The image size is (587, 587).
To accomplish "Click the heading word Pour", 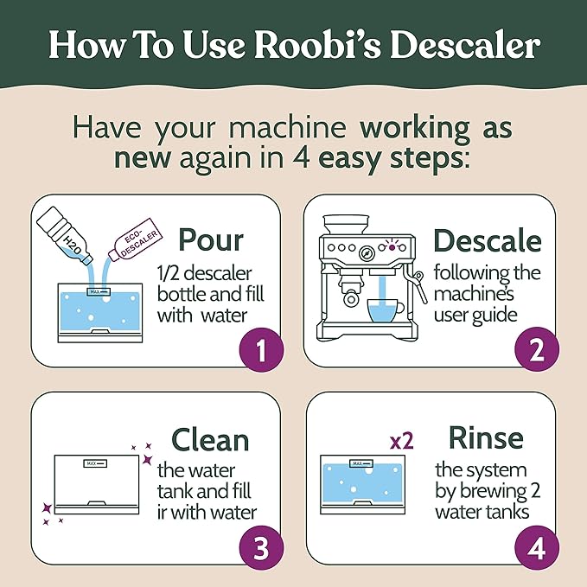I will click(210, 241).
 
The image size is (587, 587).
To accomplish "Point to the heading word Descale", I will click(488, 240).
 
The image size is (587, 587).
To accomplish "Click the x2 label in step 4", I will click(401, 440).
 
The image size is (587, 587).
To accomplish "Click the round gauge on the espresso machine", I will click(366, 254).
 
